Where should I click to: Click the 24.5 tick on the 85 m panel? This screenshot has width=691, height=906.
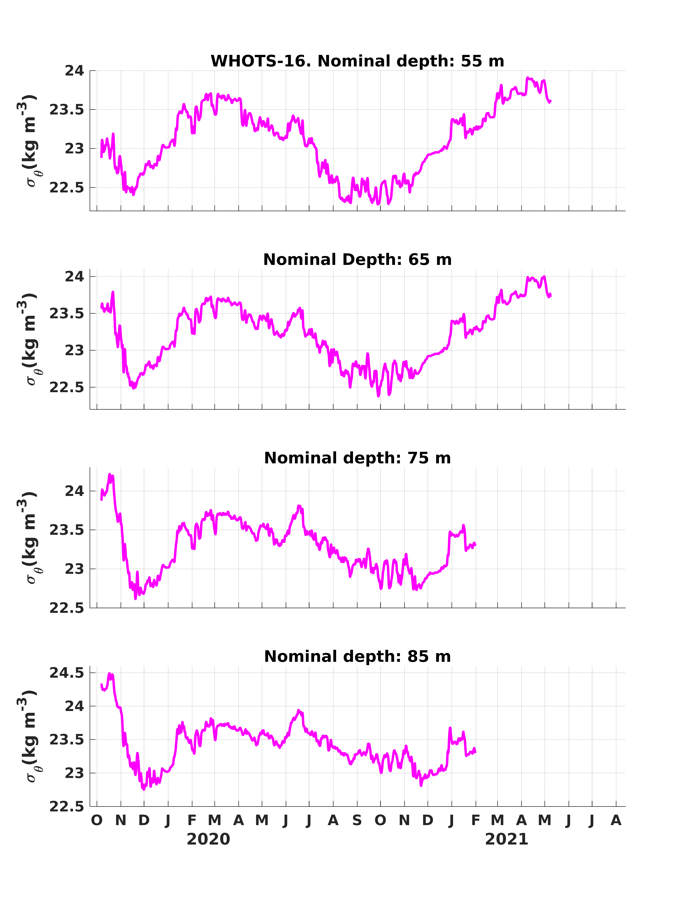point(67,673)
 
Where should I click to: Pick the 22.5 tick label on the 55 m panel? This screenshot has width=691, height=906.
point(67,187)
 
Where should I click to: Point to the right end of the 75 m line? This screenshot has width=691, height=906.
point(475,545)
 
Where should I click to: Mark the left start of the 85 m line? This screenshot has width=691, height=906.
point(101,684)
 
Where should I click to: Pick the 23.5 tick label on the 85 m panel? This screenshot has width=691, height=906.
point(67,740)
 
